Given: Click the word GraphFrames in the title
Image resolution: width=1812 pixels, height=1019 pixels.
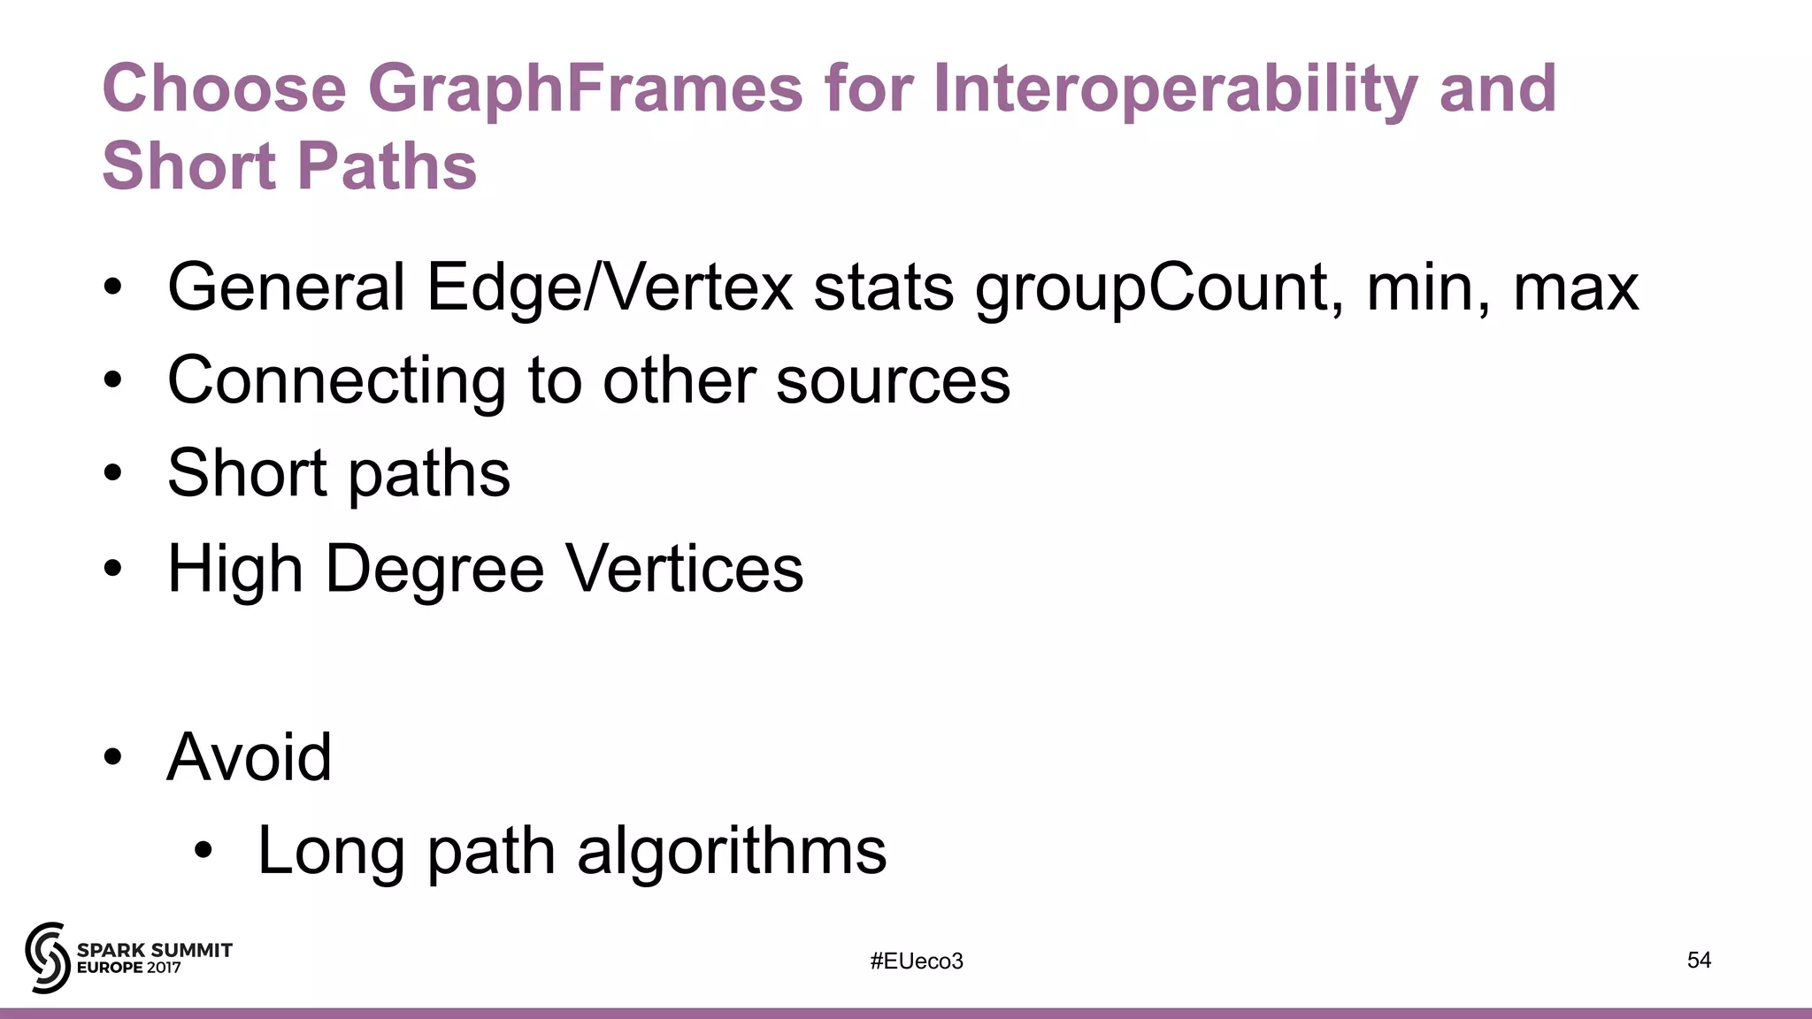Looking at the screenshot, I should pyautogui.click(x=585, y=89).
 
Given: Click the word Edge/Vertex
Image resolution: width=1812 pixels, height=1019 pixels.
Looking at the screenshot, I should pyautogui.click(x=610, y=288).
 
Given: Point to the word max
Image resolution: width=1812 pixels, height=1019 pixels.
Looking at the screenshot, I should pyautogui.click(x=1576, y=288).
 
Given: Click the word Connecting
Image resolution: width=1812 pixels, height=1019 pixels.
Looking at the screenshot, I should pyautogui.click(x=337, y=382).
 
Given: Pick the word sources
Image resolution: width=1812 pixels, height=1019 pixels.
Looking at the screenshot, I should pyautogui.click(x=893, y=382).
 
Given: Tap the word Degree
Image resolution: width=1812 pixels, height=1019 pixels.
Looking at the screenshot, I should pyautogui.click(x=434, y=569).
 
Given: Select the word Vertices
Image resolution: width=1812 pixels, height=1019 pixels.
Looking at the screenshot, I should pyautogui.click(x=684, y=569).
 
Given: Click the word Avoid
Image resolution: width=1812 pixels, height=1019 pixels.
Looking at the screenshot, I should pyautogui.click(x=249, y=757).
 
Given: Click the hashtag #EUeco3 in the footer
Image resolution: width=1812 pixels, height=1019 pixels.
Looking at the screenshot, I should pyautogui.click(x=917, y=962).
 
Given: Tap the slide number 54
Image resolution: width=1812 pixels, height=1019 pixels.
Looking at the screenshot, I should pyautogui.click(x=1699, y=961).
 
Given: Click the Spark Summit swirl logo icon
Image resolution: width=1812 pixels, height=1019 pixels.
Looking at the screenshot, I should pyautogui.click(x=47, y=957).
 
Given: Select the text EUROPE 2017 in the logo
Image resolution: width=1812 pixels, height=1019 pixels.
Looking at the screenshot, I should pyautogui.click(x=129, y=968).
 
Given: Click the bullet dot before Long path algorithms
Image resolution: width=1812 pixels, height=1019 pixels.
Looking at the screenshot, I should pyautogui.click(x=203, y=851).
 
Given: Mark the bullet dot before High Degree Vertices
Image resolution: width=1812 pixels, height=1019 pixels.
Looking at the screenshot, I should pyautogui.click(x=112, y=569).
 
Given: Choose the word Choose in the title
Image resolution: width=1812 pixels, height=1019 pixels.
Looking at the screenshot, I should pyautogui.click(x=225, y=89).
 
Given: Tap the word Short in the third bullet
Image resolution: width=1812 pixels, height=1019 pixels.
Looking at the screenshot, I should pyautogui.click(x=247, y=474).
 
